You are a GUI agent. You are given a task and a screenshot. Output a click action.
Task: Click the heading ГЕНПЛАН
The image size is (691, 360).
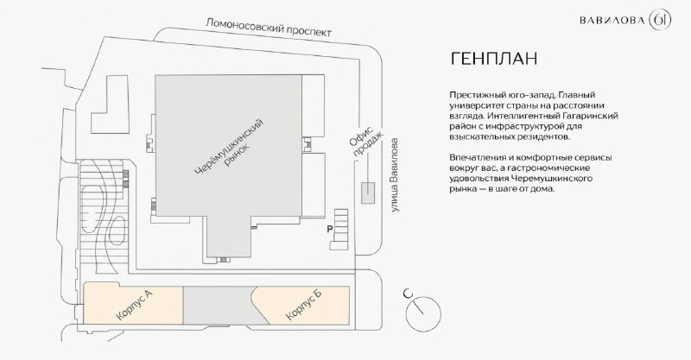[493, 59]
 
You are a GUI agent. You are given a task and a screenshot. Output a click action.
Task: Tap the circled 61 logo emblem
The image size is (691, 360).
[660, 20]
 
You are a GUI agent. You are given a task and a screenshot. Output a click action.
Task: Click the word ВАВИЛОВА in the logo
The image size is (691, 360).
[612, 21]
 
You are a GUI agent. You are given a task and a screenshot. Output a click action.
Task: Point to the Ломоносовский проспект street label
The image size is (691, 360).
[269, 28]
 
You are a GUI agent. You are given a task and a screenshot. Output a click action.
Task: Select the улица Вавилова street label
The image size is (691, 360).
[396, 175]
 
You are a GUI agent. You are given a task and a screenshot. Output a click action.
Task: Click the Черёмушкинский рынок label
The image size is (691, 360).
[231, 146]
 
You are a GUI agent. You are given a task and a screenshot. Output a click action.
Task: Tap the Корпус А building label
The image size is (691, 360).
[135, 305]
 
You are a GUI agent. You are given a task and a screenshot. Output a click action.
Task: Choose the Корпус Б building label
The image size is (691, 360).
[304, 305]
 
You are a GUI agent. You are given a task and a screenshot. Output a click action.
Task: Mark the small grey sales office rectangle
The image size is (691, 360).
[368, 193]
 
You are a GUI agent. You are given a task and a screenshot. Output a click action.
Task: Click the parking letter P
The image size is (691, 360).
[329, 229]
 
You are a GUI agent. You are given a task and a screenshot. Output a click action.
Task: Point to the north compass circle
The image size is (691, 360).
[423, 313]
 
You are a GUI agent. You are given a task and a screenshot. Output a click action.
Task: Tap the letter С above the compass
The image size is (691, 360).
[408, 293]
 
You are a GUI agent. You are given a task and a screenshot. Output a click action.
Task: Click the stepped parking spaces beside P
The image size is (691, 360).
[339, 229]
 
